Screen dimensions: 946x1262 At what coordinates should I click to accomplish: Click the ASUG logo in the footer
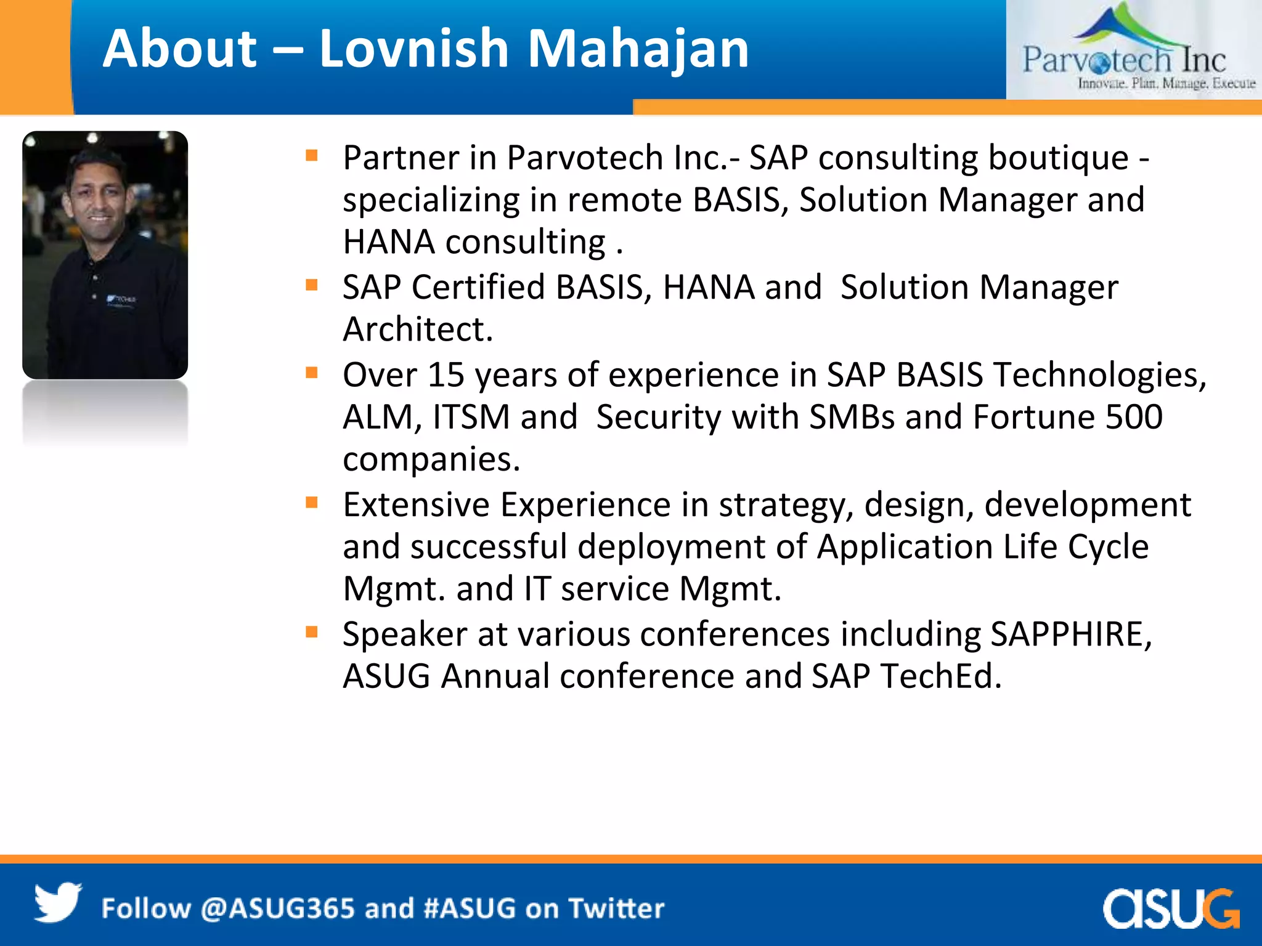[1170, 908]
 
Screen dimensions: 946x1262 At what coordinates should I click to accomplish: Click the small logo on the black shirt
[121, 299]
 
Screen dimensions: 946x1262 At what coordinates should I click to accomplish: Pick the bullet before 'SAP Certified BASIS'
[312, 285]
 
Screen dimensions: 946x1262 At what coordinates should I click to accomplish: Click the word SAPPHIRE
[1071, 634]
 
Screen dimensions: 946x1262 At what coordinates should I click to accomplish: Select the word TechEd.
[940, 676]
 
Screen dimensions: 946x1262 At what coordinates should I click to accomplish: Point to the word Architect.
[417, 329]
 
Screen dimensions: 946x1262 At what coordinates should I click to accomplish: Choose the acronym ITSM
[471, 417]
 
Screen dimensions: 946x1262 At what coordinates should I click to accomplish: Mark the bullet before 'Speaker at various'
[312, 631]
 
